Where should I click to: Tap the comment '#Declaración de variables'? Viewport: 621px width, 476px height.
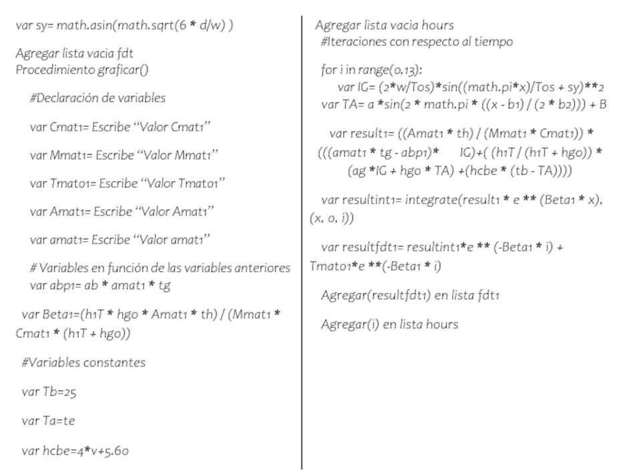pos(97,97)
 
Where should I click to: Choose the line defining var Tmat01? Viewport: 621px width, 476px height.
pos(128,183)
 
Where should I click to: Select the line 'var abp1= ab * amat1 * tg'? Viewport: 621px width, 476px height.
pos(97,285)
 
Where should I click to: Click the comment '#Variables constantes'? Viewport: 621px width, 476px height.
pos(83,363)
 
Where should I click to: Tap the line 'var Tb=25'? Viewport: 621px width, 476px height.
pos(49,392)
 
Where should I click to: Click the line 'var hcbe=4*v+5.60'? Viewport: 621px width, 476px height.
pos(75,451)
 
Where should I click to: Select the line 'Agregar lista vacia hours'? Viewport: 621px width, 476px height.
pos(385,26)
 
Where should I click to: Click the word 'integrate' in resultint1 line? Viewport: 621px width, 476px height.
pos(427,200)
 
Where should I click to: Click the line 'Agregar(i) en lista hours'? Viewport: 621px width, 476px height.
pos(389,324)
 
